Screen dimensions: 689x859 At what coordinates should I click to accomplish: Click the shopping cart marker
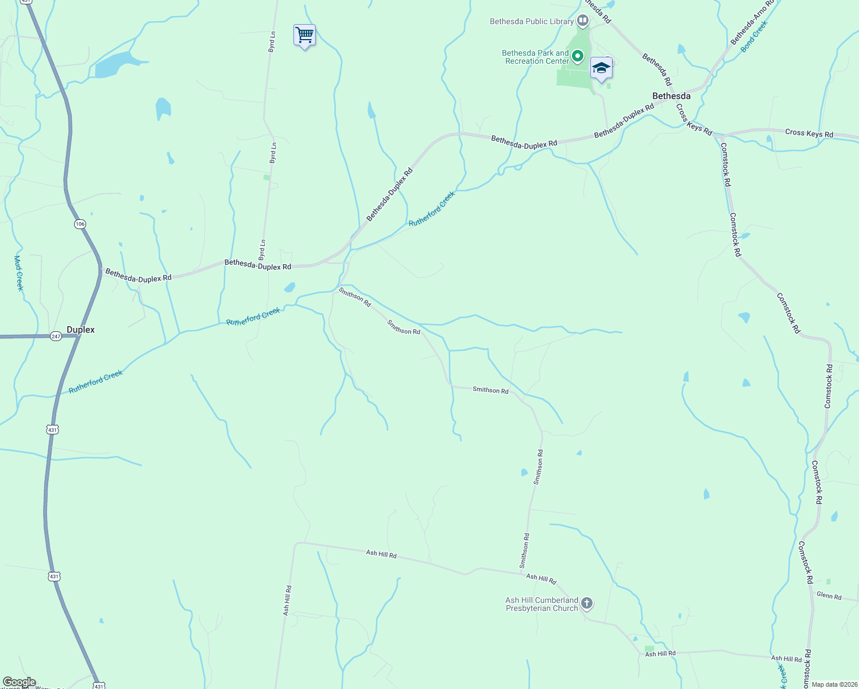point(304,36)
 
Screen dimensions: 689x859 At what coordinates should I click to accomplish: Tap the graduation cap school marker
point(601,69)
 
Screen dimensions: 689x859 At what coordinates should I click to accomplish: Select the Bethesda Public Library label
point(532,22)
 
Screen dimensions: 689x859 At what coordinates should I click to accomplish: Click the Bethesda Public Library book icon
point(583,21)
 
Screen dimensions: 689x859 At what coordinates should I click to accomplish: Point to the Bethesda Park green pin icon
point(578,56)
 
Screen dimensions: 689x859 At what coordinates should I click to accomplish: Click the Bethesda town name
point(671,96)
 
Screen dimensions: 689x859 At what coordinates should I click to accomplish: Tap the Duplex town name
point(80,330)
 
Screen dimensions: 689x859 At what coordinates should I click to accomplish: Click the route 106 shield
point(80,224)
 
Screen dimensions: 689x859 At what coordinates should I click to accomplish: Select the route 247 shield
point(56,336)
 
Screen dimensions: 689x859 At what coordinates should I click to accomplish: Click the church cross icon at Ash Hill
point(586,603)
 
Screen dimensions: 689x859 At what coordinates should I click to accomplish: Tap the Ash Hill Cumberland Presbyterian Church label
point(541,604)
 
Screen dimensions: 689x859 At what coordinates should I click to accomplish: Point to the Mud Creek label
point(18,273)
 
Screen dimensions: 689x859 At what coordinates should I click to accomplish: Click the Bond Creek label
point(754,37)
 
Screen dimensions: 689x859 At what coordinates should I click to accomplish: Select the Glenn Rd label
point(829,596)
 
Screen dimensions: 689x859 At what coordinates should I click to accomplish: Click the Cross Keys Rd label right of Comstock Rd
point(809,133)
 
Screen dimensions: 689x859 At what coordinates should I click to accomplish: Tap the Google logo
point(19,682)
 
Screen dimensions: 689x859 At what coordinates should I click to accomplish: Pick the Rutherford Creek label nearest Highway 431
point(95,382)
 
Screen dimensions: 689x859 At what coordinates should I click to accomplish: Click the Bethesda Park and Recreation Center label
point(535,57)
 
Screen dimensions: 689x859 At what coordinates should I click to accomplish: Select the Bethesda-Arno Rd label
point(752,23)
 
